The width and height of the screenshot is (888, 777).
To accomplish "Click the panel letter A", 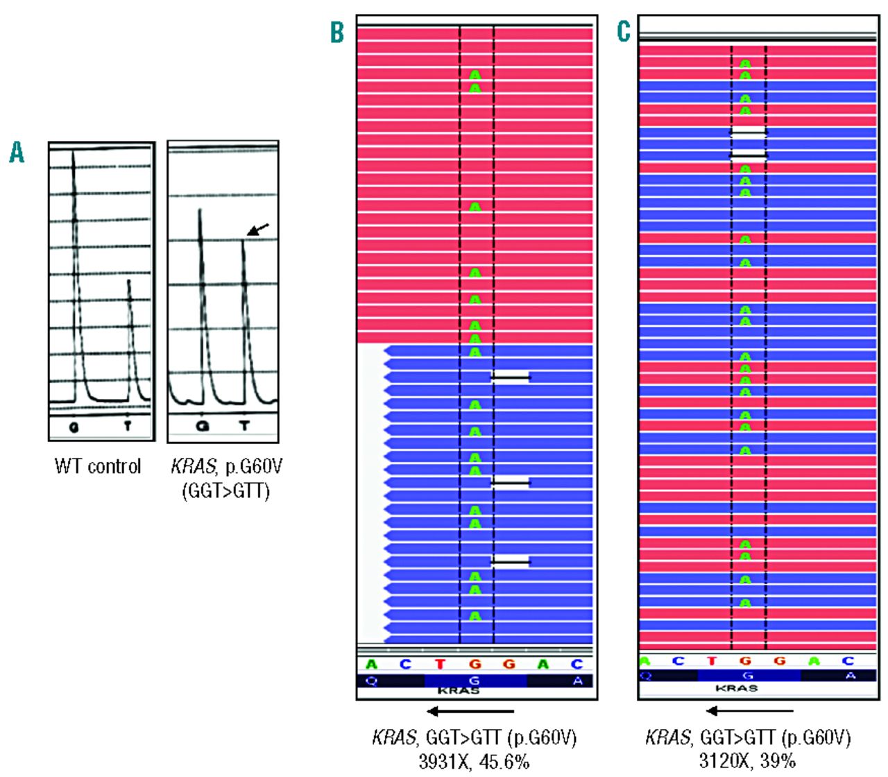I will click(17, 152).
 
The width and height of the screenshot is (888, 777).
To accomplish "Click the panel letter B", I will click(336, 31).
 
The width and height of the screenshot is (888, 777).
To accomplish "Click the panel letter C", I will click(624, 31).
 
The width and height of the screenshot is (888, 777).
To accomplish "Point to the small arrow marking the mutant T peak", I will click(257, 230).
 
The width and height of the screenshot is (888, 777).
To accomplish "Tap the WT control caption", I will click(98, 466).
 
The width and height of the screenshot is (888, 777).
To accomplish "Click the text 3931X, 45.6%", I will click(474, 761).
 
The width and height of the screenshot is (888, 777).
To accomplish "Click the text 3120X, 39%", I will click(747, 761).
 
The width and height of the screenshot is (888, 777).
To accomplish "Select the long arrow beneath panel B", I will click(470, 711).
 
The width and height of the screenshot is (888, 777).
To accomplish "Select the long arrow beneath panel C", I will click(749, 710).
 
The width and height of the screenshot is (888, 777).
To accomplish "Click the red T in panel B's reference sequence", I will click(440, 665).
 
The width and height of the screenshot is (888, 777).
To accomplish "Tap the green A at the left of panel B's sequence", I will click(372, 665).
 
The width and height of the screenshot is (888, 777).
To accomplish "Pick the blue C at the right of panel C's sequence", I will click(848, 661).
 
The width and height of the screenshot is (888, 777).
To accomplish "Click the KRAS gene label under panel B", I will click(459, 691).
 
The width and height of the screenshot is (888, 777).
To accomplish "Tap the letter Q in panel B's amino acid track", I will click(372, 681).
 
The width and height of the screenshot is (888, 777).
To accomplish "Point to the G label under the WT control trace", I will click(74, 427).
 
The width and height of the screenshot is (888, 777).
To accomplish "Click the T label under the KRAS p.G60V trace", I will click(244, 425).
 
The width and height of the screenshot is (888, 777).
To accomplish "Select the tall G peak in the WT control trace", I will click(74, 277).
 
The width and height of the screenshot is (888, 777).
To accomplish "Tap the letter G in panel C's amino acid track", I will click(747, 676).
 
